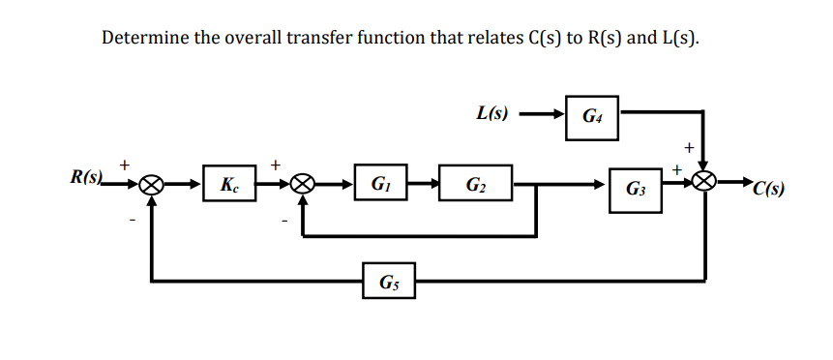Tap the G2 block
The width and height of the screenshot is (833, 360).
pyautogui.click(x=476, y=183)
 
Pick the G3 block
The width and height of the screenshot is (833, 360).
pyautogui.click(x=636, y=186)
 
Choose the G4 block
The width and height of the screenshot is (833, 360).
pyautogui.click(x=591, y=116)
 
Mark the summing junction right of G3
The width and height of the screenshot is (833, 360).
pyautogui.click(x=705, y=181)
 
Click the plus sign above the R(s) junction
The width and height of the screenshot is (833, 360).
pyautogui.click(x=125, y=164)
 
